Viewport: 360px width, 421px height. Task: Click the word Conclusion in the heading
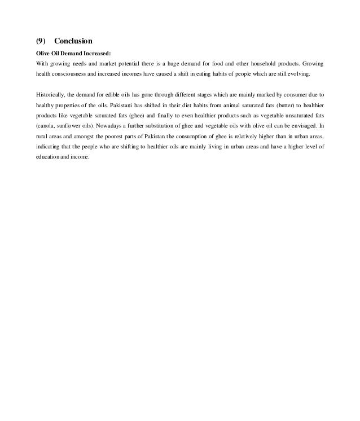(x=73, y=41)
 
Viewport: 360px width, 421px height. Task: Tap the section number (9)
(x=41, y=41)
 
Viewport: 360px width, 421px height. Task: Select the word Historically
(x=51, y=94)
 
